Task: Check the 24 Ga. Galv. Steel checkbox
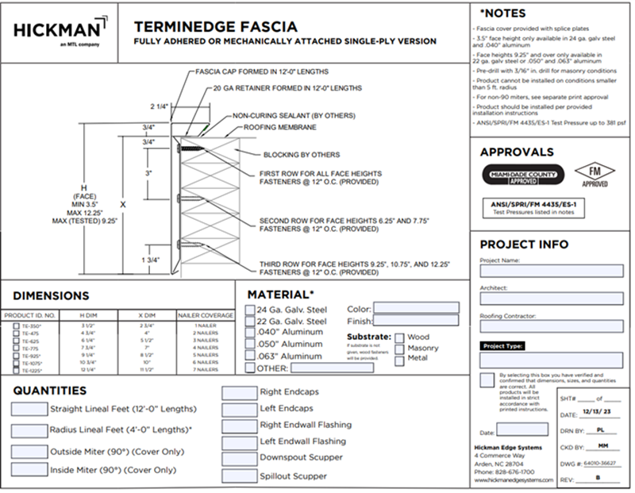251,309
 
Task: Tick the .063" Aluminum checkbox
251,356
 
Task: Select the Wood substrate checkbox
400,337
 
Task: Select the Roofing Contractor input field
551,325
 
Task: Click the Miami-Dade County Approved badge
524,174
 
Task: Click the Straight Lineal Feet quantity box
29,410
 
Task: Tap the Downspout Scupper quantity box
239,458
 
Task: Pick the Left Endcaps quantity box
239,408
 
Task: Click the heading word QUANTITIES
49,390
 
